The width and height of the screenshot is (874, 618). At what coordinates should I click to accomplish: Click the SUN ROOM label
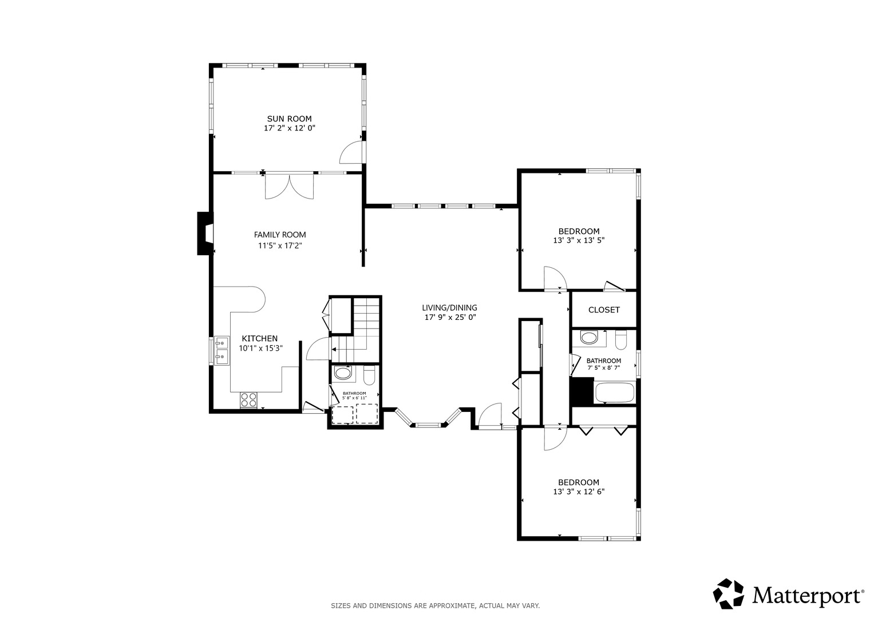(x=289, y=118)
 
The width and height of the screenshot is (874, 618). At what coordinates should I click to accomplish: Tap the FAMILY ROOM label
(x=280, y=235)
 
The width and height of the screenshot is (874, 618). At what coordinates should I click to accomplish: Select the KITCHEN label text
(x=259, y=339)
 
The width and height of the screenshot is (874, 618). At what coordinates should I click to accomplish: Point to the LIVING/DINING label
(x=449, y=308)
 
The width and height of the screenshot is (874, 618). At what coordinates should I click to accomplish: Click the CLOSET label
(x=604, y=310)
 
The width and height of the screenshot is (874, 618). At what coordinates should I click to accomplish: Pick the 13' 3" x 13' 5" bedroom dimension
(x=579, y=240)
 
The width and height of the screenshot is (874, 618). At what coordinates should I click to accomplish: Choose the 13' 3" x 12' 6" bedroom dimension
(x=579, y=492)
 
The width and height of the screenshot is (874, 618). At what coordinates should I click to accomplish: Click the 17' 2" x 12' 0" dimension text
(x=289, y=128)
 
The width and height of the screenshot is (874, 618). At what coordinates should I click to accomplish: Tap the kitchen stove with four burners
(x=248, y=400)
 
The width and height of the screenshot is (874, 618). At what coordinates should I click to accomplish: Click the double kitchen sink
(x=222, y=350)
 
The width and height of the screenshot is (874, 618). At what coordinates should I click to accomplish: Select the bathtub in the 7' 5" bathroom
(x=615, y=393)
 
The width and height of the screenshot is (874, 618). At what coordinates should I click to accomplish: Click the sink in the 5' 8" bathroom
(x=343, y=373)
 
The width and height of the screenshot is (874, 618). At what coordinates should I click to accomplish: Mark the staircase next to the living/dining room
(x=355, y=330)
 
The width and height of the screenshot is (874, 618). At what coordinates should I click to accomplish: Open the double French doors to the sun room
(x=289, y=187)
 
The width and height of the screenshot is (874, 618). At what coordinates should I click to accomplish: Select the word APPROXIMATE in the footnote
(x=452, y=606)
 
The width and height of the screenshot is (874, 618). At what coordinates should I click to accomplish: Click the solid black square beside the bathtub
(x=582, y=391)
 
